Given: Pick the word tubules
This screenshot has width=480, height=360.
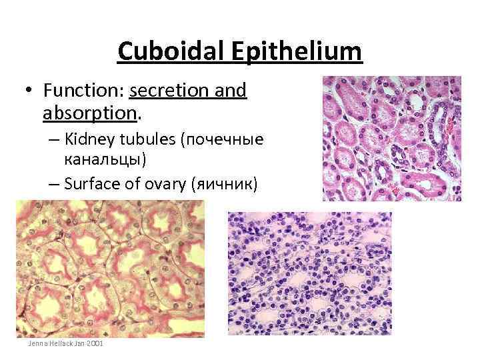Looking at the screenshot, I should [157, 141].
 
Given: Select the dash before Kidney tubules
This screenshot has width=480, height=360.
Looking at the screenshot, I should [53, 141].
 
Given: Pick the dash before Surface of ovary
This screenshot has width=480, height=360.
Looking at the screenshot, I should [53, 185].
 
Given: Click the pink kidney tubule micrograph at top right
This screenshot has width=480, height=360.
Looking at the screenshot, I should [391, 138].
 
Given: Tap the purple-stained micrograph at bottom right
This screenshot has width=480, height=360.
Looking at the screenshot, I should [309, 273].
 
